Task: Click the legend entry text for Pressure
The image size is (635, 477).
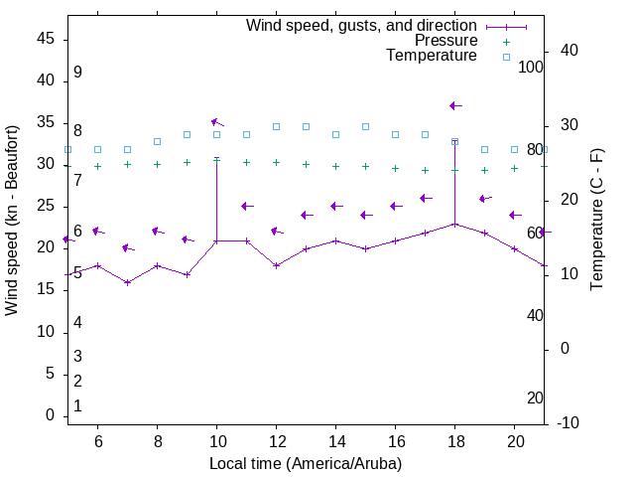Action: click(x=445, y=41)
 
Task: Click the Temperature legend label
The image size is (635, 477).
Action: click(x=432, y=56)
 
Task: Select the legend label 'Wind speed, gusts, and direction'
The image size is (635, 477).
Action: click(x=362, y=25)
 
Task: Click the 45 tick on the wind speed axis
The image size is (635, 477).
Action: click(x=46, y=39)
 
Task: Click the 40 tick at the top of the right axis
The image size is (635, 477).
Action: click(x=569, y=51)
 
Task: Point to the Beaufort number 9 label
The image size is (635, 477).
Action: click(x=77, y=73)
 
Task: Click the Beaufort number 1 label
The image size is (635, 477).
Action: click(x=77, y=405)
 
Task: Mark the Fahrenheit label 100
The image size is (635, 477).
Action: click(x=531, y=67)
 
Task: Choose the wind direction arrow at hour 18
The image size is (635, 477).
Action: click(x=455, y=105)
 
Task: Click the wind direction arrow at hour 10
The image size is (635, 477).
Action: click(x=217, y=122)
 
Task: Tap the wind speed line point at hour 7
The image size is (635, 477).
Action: click(x=127, y=282)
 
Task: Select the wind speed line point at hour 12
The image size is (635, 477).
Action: click(x=276, y=265)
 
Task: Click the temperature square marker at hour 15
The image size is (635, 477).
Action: click(x=365, y=126)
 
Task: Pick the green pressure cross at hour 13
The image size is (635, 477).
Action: click(x=306, y=164)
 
